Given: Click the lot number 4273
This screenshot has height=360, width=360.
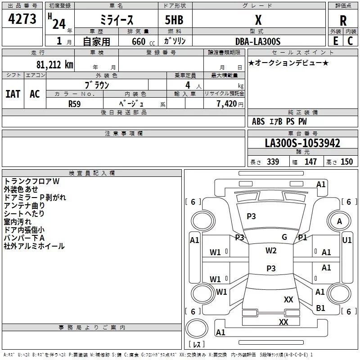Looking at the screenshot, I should click(22, 19).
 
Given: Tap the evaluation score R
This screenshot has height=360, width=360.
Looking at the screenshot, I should click(343, 20).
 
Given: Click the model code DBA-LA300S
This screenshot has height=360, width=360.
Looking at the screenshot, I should click(258, 41).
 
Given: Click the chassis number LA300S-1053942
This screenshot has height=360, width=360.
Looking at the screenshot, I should click(302, 143).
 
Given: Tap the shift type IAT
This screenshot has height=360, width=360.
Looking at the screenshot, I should click(13, 94).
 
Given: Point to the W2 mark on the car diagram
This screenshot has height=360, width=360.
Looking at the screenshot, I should click(271, 251).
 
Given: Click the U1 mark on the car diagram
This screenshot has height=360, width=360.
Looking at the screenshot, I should click(347, 240).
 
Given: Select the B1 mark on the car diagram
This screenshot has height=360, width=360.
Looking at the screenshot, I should click(321, 308).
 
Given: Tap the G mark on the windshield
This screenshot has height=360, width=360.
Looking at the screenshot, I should click(284, 237).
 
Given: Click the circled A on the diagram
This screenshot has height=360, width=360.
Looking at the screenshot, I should click(340, 221).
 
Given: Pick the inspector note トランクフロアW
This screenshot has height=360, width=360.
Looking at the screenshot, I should click(31, 181).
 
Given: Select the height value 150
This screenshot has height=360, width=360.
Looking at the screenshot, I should click(346, 162).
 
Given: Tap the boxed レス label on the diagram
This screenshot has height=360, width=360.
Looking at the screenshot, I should click(196, 344).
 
